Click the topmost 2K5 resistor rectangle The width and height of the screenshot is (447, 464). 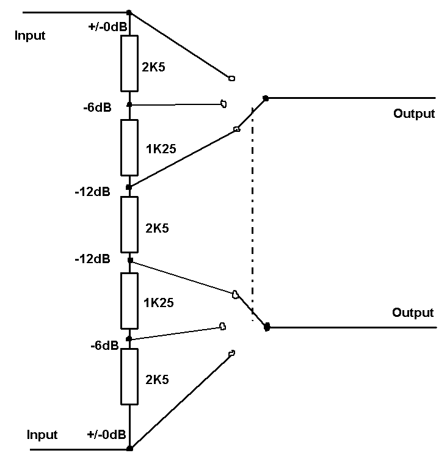[x=129, y=63]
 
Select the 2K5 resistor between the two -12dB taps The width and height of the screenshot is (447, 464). [x=129, y=225]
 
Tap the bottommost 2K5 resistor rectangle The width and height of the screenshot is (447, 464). [x=129, y=377]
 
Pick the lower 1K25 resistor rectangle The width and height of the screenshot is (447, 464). [x=129, y=301]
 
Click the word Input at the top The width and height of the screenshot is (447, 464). [x=30, y=35]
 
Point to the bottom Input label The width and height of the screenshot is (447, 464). [x=42, y=435]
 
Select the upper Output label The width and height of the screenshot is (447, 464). [x=414, y=114]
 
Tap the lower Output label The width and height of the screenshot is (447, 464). [x=413, y=313]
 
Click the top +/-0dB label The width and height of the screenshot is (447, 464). [x=108, y=27]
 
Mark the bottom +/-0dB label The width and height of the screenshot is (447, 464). [x=107, y=435]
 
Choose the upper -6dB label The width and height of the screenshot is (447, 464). [x=96, y=107]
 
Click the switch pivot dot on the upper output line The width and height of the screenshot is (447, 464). [x=265, y=98]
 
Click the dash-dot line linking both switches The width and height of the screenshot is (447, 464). [x=252, y=214]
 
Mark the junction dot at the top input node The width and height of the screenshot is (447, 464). [x=129, y=12]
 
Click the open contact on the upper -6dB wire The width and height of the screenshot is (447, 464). [x=224, y=104]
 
